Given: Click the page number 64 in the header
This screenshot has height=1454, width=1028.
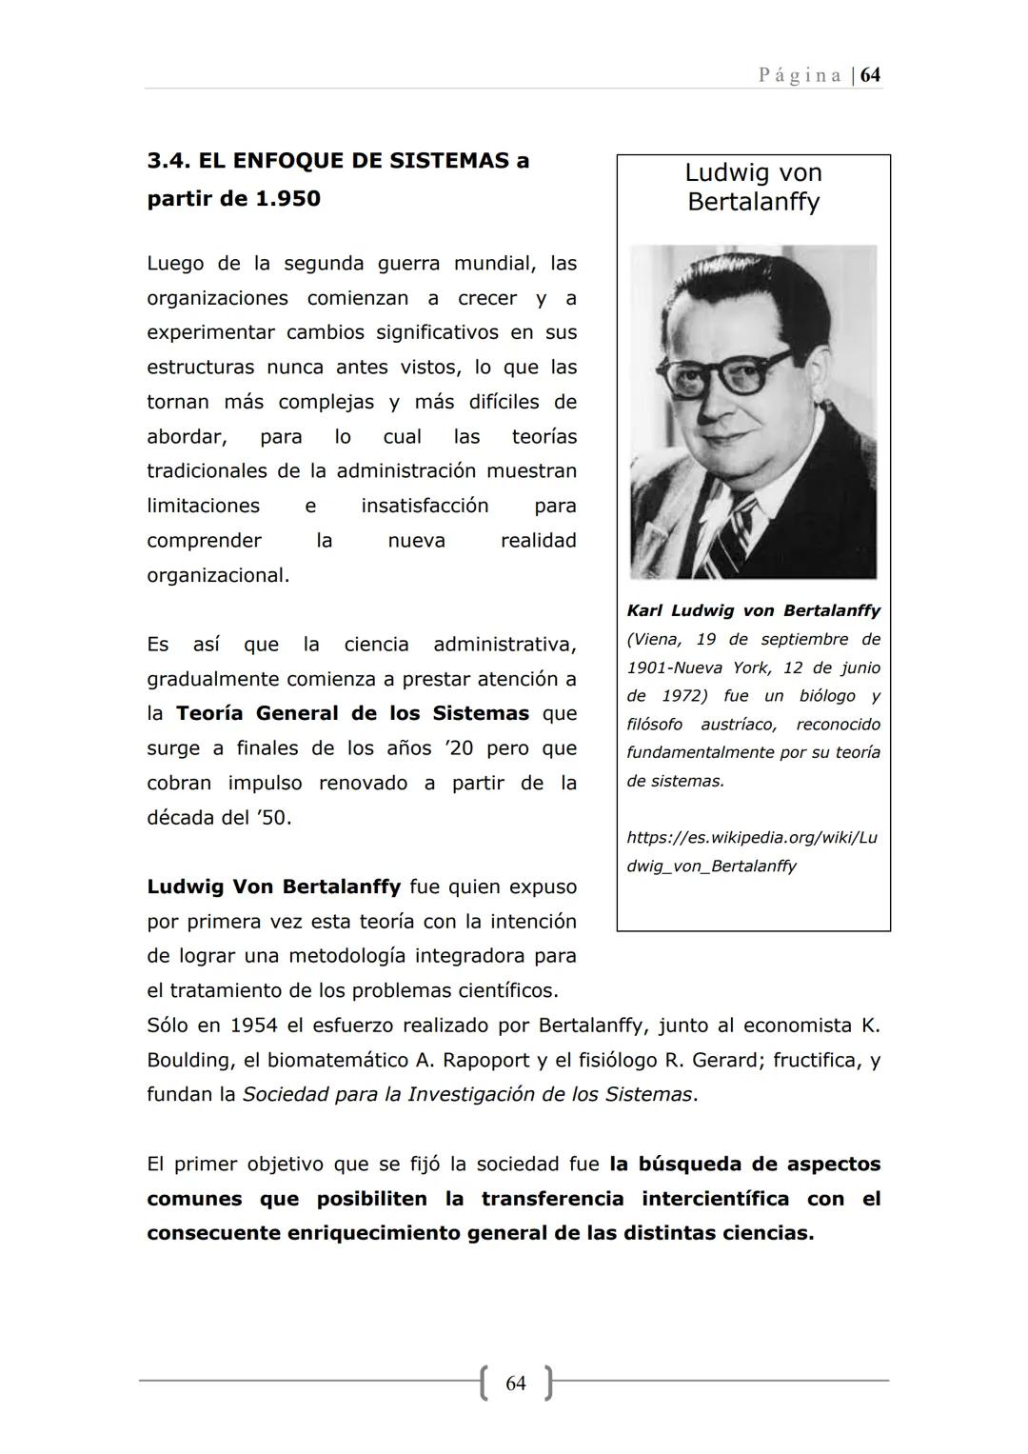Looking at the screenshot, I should (x=870, y=75).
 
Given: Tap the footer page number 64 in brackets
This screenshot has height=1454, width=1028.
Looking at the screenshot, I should (x=516, y=1383).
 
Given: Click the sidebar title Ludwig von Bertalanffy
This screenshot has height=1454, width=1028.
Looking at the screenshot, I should (x=753, y=188).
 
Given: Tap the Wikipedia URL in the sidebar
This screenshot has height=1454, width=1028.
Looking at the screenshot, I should (x=752, y=852).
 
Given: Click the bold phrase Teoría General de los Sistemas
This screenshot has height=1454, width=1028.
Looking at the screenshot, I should (x=352, y=713).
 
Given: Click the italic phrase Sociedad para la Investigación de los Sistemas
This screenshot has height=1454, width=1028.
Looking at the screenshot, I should (x=467, y=1095).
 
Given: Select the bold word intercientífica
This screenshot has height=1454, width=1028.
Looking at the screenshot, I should (x=715, y=1199).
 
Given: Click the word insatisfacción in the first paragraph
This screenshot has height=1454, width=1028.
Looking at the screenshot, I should (x=425, y=506).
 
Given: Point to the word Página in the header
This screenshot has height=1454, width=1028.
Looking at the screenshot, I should (x=800, y=75).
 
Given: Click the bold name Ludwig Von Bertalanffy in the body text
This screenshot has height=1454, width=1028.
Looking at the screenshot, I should (x=273, y=886).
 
